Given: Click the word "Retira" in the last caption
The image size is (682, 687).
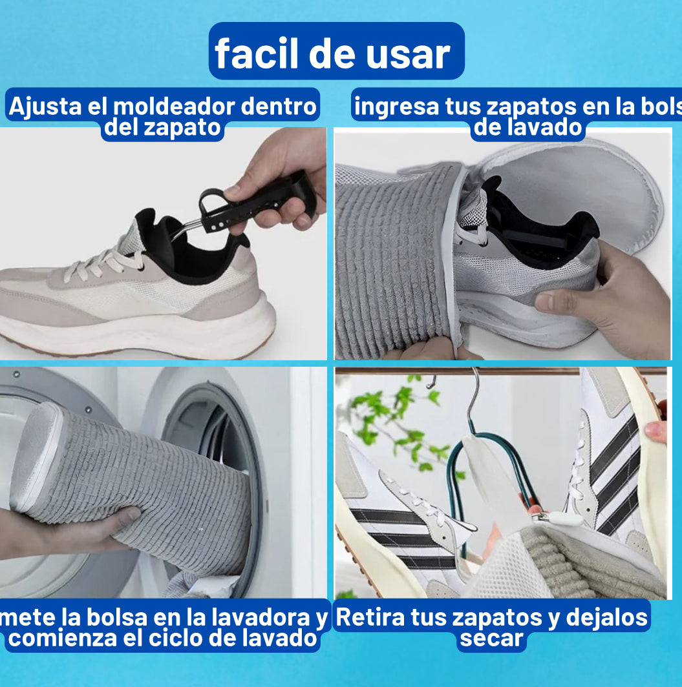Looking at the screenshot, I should pyautogui.click(x=369, y=617).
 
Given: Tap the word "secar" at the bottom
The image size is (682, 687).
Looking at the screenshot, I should pyautogui.click(x=491, y=639).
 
